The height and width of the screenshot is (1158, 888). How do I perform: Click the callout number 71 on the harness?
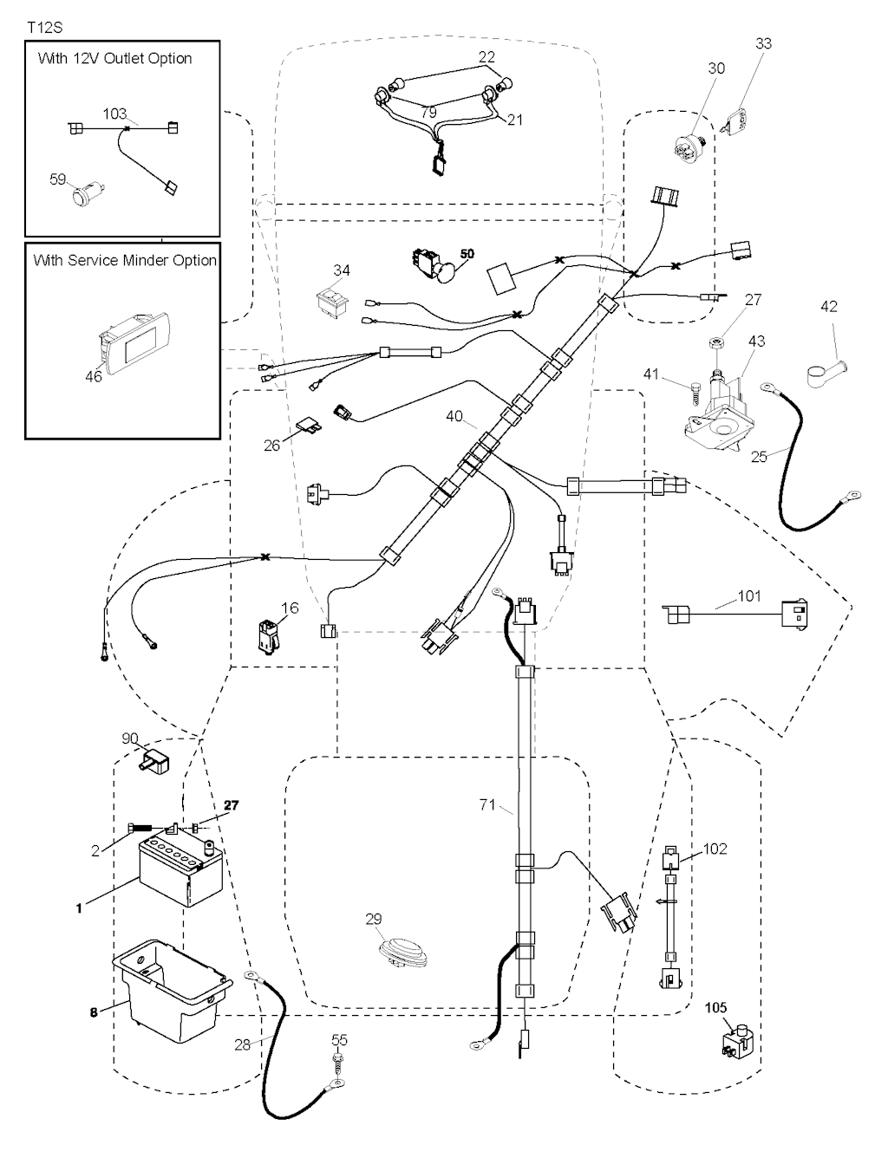point(488,805)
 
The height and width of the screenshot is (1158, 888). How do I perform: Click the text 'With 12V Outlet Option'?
point(114,59)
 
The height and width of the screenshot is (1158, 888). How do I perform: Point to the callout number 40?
point(454,417)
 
